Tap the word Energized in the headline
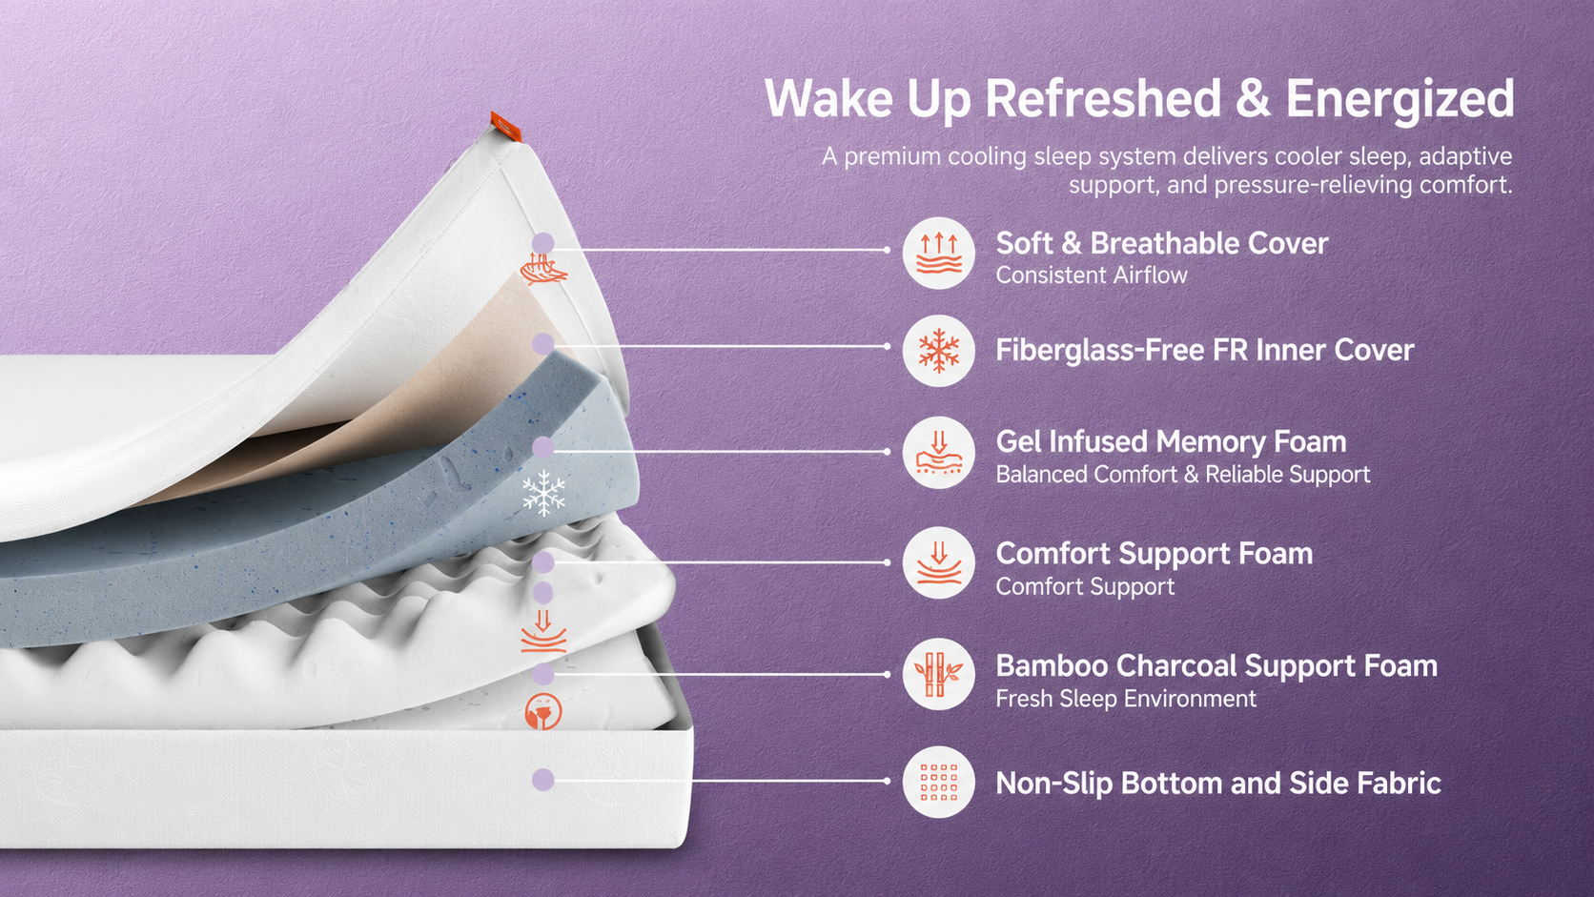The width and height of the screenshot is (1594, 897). [x=1400, y=99]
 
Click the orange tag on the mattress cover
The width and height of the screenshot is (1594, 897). [x=506, y=127]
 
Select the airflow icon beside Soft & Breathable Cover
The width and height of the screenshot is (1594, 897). [x=939, y=253]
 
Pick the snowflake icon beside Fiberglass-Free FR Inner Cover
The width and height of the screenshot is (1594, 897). [x=939, y=351]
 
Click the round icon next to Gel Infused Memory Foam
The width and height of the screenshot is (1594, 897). [x=939, y=453]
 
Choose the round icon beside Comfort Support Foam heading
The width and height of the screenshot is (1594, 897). [x=939, y=562]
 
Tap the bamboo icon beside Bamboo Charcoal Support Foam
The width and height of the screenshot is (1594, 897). [x=939, y=674]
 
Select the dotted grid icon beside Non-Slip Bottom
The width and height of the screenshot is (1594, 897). [x=939, y=782]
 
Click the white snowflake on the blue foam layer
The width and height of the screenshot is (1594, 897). [x=543, y=493]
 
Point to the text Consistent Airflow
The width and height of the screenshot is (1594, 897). [x=1092, y=275]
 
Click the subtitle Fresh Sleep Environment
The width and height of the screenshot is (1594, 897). [x=1126, y=699]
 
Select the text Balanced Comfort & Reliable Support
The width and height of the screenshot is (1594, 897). [x=1183, y=475]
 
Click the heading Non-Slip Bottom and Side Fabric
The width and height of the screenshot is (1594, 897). [x=1218, y=784]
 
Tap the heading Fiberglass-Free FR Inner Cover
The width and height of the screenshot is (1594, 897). [x=1205, y=350]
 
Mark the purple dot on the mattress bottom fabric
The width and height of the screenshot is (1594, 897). [x=543, y=780]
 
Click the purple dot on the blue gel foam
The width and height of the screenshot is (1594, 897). [x=543, y=447]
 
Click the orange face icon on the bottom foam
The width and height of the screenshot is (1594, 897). [x=543, y=710]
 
